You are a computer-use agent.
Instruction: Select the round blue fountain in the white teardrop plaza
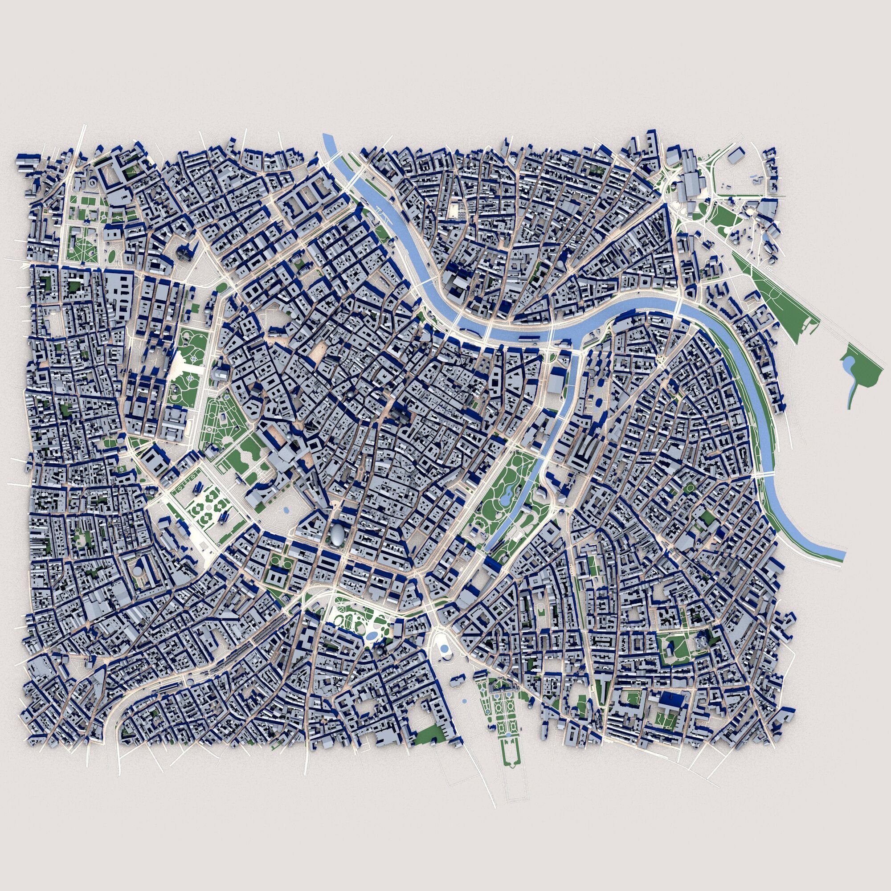coord(444,648)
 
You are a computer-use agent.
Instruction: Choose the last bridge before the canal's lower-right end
coord(766,474)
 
